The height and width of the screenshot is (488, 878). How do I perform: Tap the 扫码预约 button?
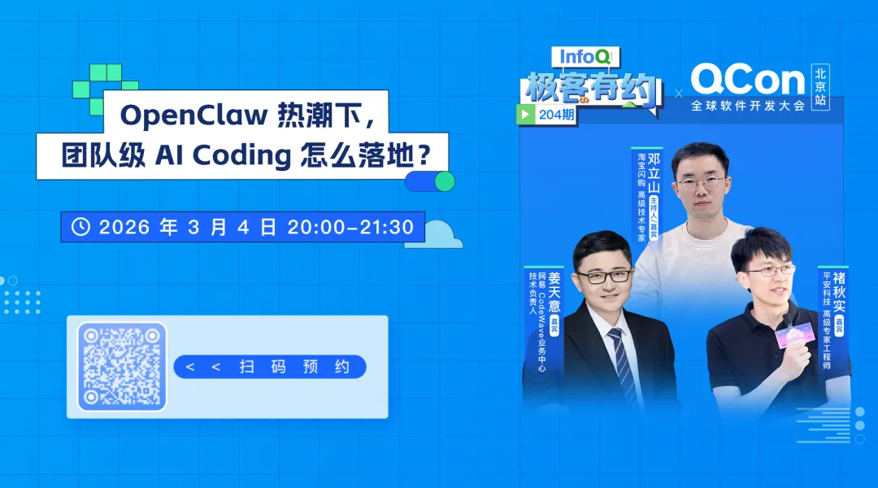click(270, 367)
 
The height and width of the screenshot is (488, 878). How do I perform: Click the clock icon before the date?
click(80, 227)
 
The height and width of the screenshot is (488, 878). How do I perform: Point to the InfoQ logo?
click(585, 56)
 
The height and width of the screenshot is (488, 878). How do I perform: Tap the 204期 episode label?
click(556, 115)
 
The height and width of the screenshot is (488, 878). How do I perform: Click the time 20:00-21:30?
click(350, 227)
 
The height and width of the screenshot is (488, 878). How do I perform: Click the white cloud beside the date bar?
click(443, 234)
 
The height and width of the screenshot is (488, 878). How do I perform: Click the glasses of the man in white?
click(701, 184)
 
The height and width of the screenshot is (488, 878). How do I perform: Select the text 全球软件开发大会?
click(747, 107)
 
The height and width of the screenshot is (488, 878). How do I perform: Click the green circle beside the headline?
click(444, 181)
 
